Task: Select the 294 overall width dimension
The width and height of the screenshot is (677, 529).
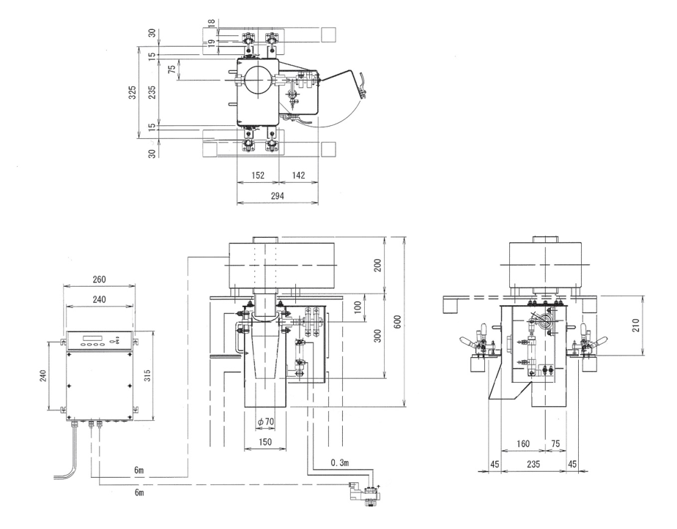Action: pos(277,196)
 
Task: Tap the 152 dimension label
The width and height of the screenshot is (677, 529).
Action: pos(258,175)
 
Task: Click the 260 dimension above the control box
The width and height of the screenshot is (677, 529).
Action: pos(100,278)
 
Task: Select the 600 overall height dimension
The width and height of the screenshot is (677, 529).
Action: pos(396,321)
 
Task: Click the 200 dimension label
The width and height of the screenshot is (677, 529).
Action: pos(378,266)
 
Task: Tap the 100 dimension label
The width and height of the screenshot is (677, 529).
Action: pos(357,306)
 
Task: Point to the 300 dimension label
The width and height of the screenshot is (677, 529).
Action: pos(378,335)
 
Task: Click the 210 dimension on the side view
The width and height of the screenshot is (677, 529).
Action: pos(636,322)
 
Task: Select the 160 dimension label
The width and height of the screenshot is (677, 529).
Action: pos(523,443)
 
